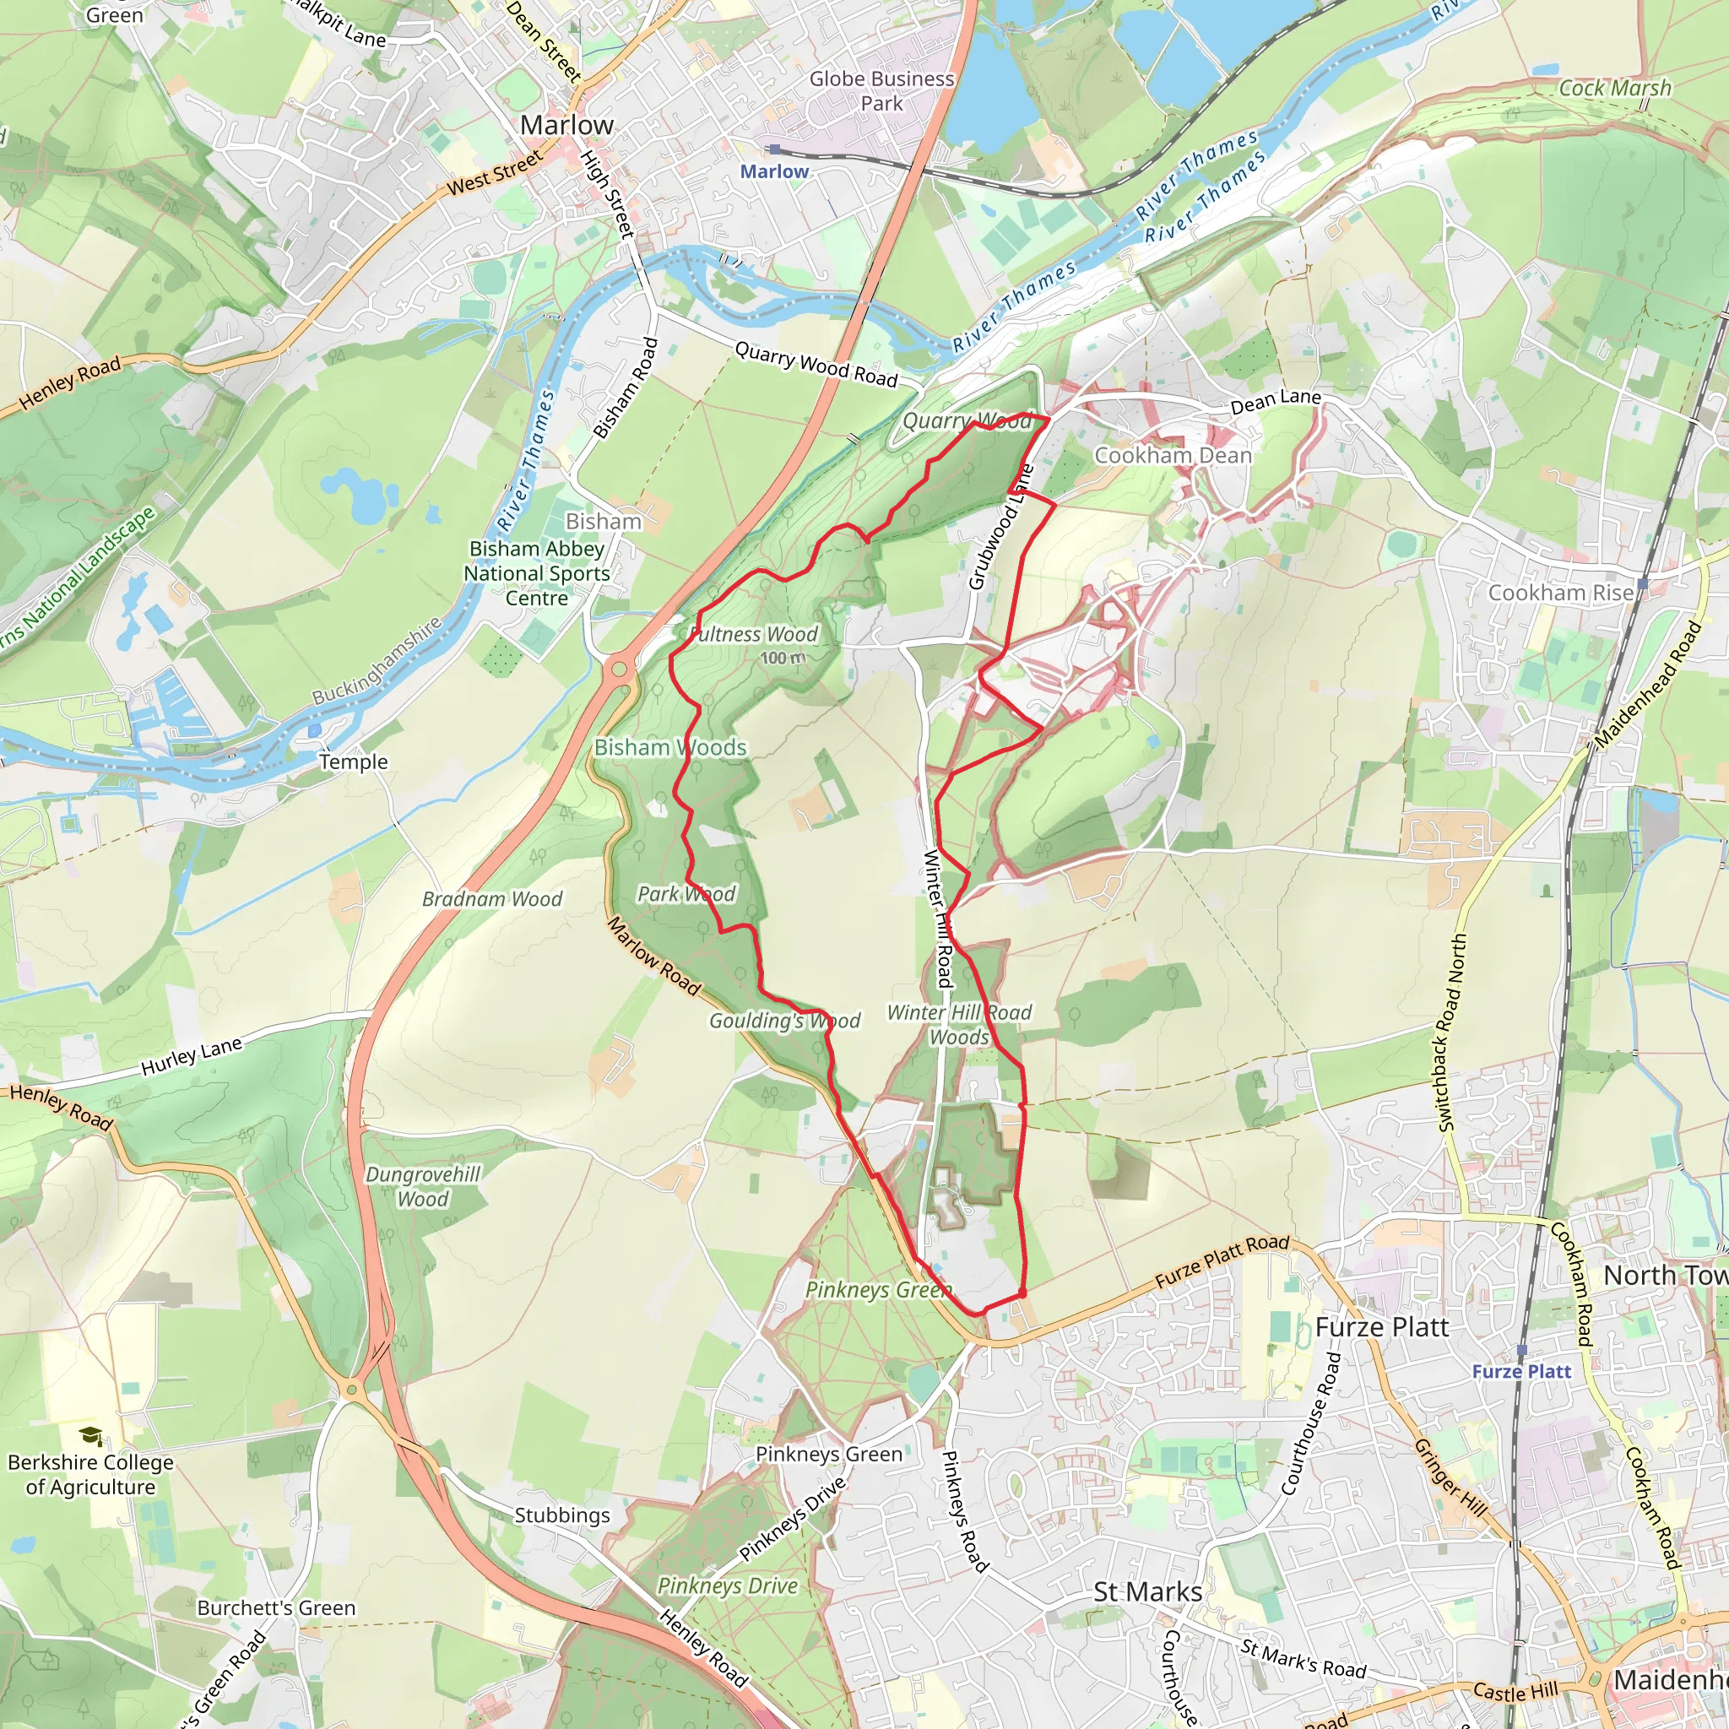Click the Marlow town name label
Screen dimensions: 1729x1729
pyautogui.click(x=566, y=125)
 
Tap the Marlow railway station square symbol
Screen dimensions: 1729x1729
pyautogui.click(x=775, y=149)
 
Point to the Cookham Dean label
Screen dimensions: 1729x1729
pyautogui.click(x=1173, y=456)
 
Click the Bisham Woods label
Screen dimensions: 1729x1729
pyautogui.click(x=670, y=747)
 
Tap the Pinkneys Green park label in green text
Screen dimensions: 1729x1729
pyautogui.click(x=878, y=1290)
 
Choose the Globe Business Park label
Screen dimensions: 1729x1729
pyautogui.click(x=881, y=90)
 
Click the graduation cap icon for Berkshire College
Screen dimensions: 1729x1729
pyautogui.click(x=90, y=1436)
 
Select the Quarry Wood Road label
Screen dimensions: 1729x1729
pyautogui.click(x=816, y=364)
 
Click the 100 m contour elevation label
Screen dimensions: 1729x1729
pyautogui.click(x=783, y=658)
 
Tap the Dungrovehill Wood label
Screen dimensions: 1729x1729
pyautogui.click(x=423, y=1187)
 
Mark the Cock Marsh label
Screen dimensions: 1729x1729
pyautogui.click(x=1614, y=88)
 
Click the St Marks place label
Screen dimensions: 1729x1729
pyautogui.click(x=1147, y=1592)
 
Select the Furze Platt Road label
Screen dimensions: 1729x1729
pyautogui.click(x=1222, y=1261)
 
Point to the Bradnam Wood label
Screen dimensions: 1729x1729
pyautogui.click(x=492, y=898)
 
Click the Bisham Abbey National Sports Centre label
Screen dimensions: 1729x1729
pyautogui.click(x=536, y=572)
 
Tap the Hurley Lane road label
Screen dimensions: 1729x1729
pyautogui.click(x=192, y=1057)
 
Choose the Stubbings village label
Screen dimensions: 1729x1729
pyautogui.click(x=561, y=1515)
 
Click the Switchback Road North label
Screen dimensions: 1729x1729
pyautogui.click(x=1450, y=1032)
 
